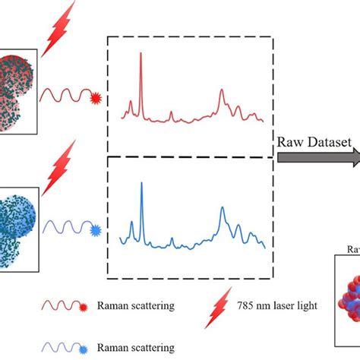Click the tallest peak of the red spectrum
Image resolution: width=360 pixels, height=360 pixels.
point(141,55)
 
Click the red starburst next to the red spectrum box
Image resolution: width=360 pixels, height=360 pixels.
point(95,97)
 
